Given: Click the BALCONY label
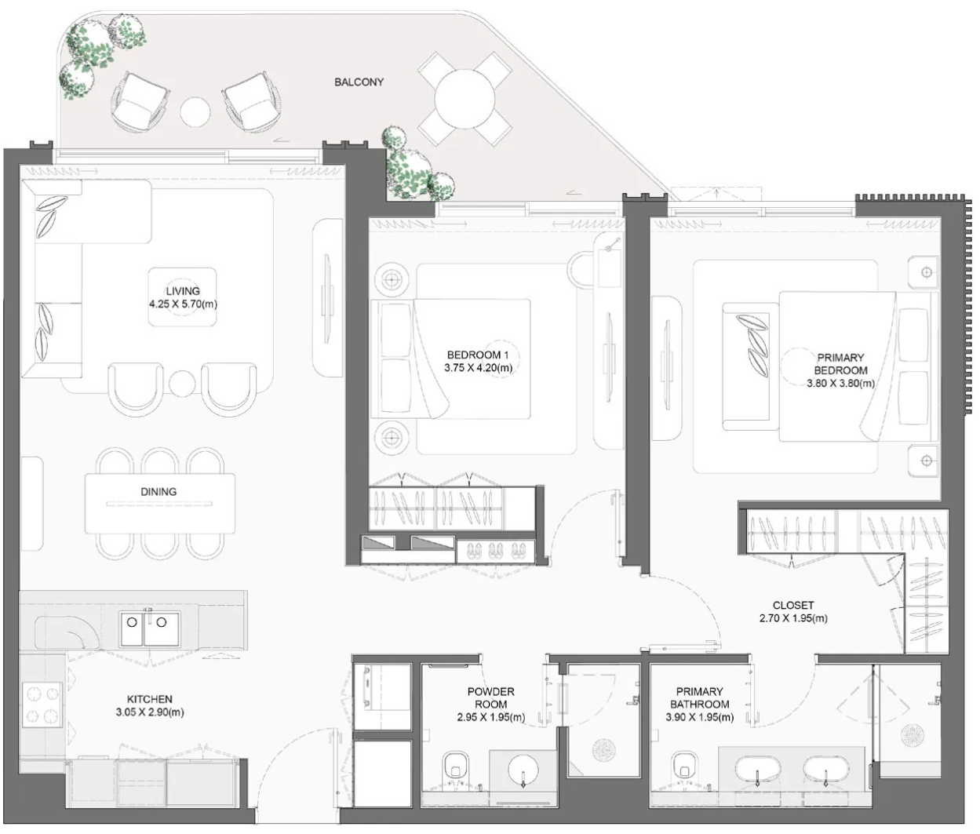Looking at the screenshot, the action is (359, 82).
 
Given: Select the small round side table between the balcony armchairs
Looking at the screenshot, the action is (195, 112).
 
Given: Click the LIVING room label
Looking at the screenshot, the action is (183, 291).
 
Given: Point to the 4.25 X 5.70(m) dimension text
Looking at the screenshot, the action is (183, 304).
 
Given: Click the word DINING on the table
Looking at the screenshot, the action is (158, 492).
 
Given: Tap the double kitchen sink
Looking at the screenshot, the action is (150, 629).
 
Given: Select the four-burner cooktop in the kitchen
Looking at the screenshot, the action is (42, 704).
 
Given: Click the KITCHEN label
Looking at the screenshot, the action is (150, 699).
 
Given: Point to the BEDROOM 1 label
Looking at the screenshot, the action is (477, 355).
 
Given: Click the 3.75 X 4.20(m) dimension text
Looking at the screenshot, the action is (479, 367).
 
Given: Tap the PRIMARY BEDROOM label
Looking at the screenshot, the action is (840, 364).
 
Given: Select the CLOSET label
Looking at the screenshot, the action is (793, 605).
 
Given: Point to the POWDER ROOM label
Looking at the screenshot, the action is (490, 698).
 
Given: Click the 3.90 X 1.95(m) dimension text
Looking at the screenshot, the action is (699, 717).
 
